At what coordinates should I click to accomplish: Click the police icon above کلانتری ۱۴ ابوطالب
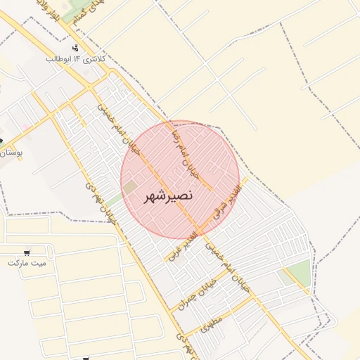click(x=76, y=47)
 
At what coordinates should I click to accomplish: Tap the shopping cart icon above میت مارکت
click(x=27, y=252)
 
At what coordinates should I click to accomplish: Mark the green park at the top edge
click(x=70, y=13)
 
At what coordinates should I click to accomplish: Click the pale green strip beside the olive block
click(x=115, y=199)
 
